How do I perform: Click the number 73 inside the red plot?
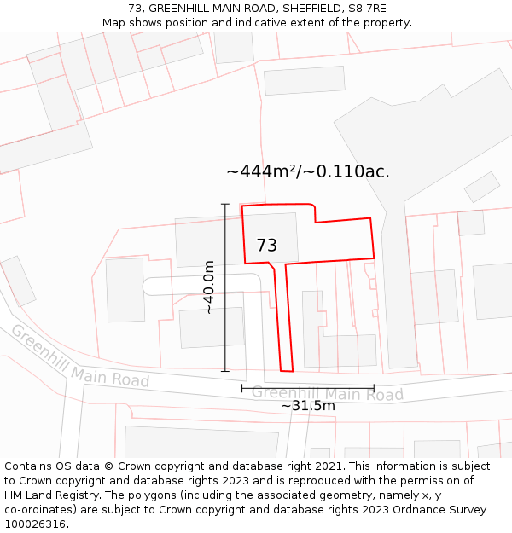pos(266,246)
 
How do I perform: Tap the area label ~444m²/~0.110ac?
pos(308,171)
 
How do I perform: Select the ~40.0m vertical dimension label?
pos(209,288)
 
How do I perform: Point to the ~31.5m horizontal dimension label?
pos(308,406)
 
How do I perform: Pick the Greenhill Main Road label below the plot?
pos(327,394)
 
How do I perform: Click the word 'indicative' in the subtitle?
pos(259,22)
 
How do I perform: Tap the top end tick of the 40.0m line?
pos(225,204)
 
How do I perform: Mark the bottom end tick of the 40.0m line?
pos(225,371)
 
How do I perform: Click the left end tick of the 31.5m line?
pos(242,388)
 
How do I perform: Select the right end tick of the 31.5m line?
pos(374,388)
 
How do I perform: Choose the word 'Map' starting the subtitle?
pos(113,22)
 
